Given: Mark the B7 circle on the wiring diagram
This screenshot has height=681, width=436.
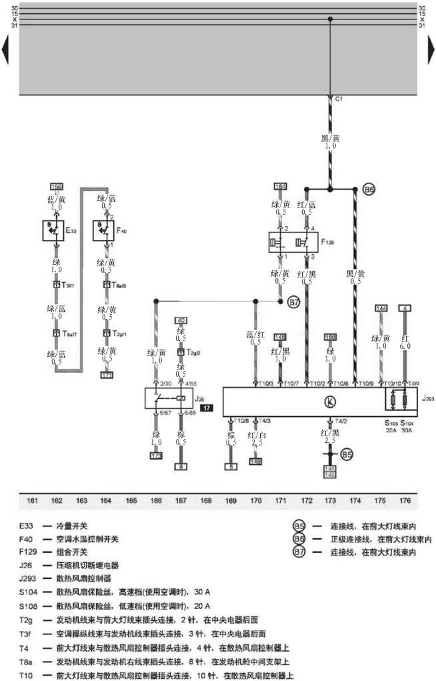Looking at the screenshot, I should coord(294,302).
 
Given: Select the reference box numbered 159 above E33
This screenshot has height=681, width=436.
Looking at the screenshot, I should coord(57,185).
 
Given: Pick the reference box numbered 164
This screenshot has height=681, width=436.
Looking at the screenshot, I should coord(280,185).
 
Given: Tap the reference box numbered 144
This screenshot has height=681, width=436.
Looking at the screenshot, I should coord(381,307).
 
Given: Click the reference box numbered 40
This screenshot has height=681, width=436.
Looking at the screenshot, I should coord(181,320).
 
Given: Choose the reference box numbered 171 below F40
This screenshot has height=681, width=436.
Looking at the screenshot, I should coord(106,376).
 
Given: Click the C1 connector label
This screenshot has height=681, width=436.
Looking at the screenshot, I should coord(339,99).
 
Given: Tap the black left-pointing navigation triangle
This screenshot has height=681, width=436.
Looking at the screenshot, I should coord(5,50).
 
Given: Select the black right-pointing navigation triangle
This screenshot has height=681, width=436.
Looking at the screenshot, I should coord(431,50).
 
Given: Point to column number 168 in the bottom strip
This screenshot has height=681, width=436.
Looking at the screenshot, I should coord(205,498).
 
